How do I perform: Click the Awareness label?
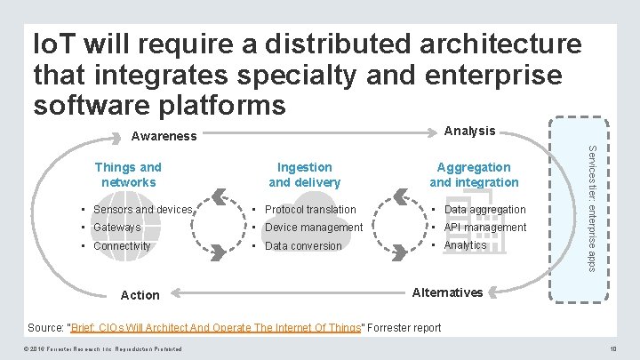tap(164, 137)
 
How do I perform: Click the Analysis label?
tap(469, 131)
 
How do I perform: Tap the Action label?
tap(140, 295)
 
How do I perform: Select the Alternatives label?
tap(449, 292)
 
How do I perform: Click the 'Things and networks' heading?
tap(128, 174)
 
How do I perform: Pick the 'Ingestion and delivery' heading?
tap(304, 174)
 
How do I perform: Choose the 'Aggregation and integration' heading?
tap(474, 174)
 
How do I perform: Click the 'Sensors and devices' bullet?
tap(142, 210)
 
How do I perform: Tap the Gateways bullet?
tap(116, 228)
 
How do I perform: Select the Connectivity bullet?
tap(122, 245)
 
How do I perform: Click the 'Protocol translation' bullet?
tap(310, 210)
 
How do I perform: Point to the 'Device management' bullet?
tap(314, 228)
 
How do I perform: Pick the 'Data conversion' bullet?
tap(303, 246)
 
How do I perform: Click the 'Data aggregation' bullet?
tap(484, 210)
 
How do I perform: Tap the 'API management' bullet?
tap(485, 228)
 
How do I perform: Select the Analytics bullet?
tap(465, 245)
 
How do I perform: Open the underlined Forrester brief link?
tap(217, 327)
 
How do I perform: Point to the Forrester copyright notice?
tap(104, 348)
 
